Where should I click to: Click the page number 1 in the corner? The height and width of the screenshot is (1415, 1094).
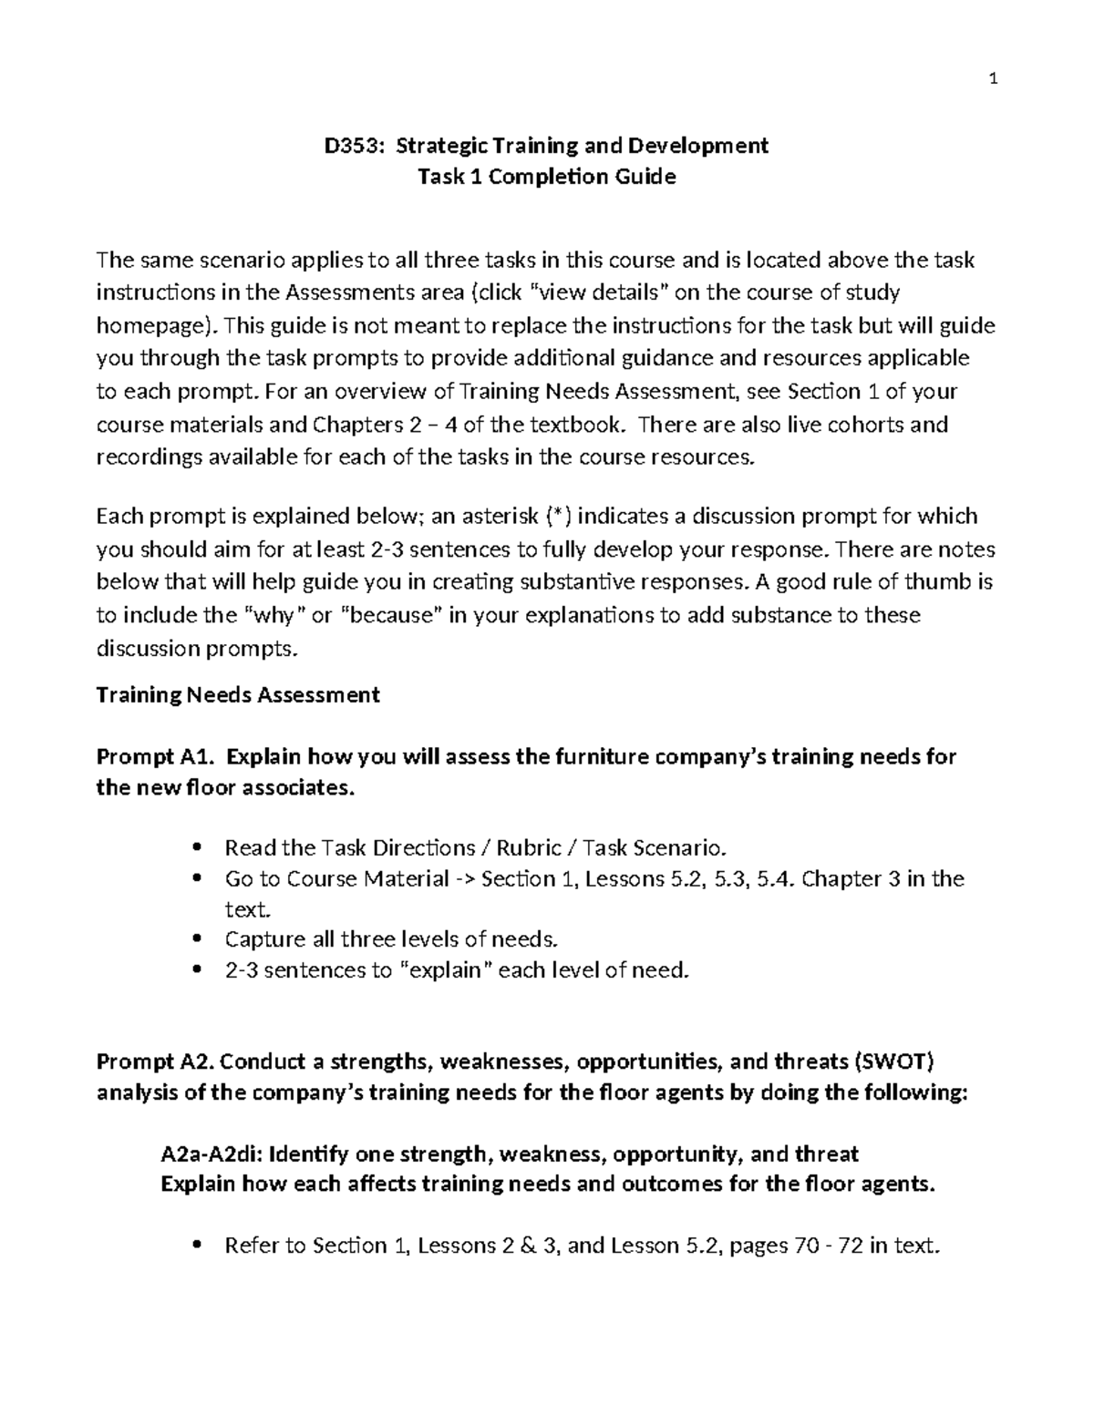pos(993,78)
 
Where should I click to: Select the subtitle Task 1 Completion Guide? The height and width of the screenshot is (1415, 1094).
pos(546,177)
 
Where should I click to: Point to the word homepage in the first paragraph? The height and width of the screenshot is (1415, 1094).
pos(154,325)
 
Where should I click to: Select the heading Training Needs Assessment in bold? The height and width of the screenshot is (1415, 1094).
pos(238,695)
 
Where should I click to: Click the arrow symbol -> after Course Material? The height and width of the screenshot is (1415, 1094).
pos(466,879)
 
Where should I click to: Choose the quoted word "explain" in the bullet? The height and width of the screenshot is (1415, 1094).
pos(444,970)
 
